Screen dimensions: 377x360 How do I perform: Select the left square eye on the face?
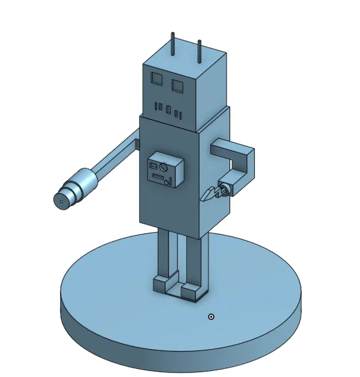coord(156,78)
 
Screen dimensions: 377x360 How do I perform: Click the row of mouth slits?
coord(168,110)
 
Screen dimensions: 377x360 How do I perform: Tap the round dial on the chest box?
coord(163,167)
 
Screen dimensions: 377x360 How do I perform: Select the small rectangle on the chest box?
coord(153,165)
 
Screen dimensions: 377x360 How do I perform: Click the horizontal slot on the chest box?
coord(158,177)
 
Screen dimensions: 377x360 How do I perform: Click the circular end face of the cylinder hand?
coord(61,200)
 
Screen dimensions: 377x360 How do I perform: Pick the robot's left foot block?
coord(166,284)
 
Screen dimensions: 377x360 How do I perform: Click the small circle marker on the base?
coord(211,316)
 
